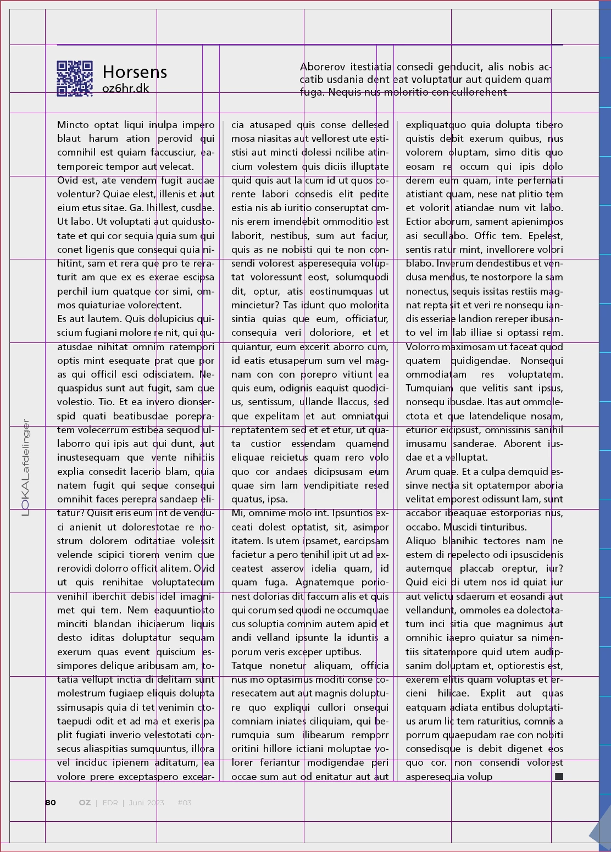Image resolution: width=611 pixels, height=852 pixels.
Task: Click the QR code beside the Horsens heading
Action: [75, 79]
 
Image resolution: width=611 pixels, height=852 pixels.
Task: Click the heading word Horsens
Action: [135, 72]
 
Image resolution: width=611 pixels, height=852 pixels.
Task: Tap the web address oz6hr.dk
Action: [125, 88]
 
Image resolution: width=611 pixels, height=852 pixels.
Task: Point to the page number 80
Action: [51, 803]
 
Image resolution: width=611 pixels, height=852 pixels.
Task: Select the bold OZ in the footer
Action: [85, 803]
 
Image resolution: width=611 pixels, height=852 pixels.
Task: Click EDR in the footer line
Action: [110, 803]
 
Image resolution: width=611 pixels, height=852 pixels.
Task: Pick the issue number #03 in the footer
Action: [185, 803]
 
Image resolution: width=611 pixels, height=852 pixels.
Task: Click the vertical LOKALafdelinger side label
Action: [25, 468]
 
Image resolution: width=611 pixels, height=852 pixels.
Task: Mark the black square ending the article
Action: [559, 776]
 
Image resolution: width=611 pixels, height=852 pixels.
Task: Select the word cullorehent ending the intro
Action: [479, 92]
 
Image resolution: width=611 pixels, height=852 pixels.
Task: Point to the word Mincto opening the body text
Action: [73, 125]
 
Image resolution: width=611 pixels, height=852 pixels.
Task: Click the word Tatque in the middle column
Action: [247, 666]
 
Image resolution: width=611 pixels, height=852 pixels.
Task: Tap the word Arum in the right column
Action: [418, 472]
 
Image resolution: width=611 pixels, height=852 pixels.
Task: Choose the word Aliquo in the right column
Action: [420, 541]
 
